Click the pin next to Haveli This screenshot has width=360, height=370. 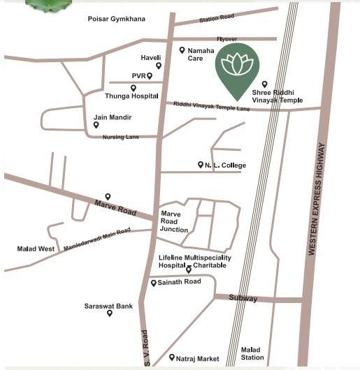click(159, 66)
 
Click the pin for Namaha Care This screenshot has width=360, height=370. click(182, 50)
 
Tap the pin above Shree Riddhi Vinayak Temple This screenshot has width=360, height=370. click(264, 84)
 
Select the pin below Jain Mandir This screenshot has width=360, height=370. click(96, 126)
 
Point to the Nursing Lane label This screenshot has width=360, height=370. click(121, 137)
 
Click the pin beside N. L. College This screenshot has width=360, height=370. click(200, 165)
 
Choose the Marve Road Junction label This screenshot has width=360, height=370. click(175, 221)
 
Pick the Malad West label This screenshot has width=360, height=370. click(36, 249)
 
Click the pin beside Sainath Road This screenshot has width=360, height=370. click(154, 283)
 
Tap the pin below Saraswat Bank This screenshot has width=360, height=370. click(110, 313)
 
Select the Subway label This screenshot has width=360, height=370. click(243, 299)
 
